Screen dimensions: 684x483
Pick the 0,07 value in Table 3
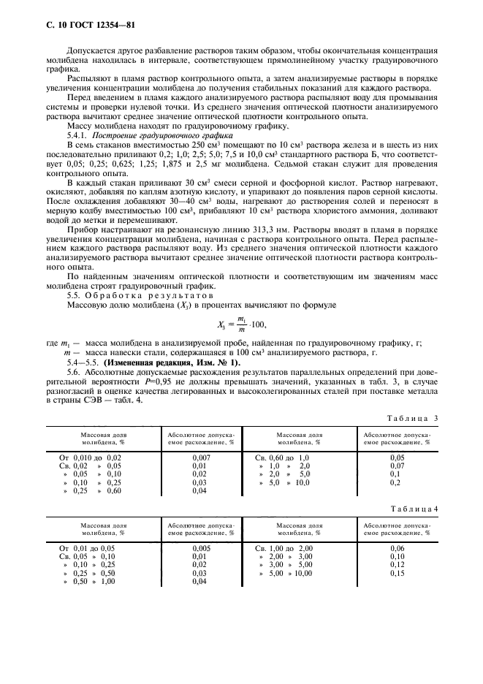point(398,465)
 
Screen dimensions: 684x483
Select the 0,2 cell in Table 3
point(395,483)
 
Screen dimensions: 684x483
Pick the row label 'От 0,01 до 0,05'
point(87,547)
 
